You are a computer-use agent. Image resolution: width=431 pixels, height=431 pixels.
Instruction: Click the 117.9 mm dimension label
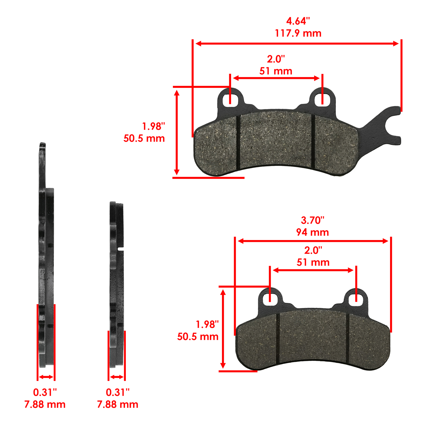pos(298,33)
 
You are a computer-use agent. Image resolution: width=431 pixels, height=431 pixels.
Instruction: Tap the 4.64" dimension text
pos(298,21)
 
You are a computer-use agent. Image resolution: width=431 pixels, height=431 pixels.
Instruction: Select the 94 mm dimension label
pos(312,232)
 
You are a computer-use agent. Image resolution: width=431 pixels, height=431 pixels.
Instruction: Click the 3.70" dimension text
pos(312,220)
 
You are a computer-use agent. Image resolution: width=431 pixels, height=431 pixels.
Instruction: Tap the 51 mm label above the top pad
pos(276,71)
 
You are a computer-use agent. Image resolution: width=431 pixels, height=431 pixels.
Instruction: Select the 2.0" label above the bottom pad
pos(313,250)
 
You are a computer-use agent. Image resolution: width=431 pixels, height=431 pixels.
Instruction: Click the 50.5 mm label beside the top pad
pos(144,138)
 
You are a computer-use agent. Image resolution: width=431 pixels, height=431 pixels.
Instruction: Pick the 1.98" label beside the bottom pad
pos(207,324)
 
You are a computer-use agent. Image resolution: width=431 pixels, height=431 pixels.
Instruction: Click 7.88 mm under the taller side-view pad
pos(45,404)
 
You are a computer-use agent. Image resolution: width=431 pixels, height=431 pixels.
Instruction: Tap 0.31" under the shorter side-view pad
pos(118,392)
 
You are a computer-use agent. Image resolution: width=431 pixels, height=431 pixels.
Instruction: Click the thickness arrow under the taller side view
pos(46,377)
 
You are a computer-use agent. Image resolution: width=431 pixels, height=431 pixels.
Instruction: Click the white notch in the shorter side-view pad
pos(121,249)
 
